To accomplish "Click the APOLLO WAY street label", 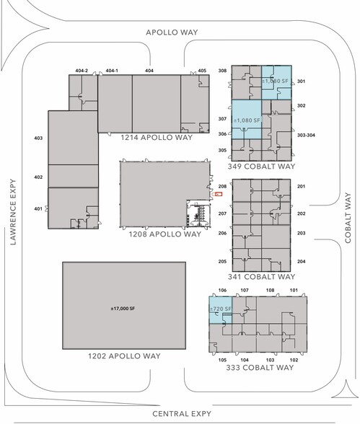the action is (172, 32).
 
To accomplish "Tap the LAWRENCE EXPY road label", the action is (13, 212).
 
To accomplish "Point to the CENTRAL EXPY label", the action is (182, 414).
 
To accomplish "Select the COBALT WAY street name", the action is (348, 218).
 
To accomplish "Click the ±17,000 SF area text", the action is (123, 309).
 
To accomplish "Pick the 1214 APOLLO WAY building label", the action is (157, 137).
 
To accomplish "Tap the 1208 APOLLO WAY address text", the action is (165, 234).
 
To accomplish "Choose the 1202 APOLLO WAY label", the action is (124, 356).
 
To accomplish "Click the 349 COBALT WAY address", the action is (261, 167).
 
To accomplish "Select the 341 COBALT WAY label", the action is (261, 277).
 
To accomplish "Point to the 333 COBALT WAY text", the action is (260, 368).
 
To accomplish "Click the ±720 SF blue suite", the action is (221, 310).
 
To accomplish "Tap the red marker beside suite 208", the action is (219, 194).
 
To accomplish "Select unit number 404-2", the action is (82, 71).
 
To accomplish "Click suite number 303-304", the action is (306, 136).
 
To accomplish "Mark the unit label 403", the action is (38, 138).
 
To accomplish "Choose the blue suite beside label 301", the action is (276, 82).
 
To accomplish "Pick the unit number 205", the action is (222, 262).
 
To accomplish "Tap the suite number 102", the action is (294, 360).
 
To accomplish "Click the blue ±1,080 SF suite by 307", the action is (247, 120).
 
